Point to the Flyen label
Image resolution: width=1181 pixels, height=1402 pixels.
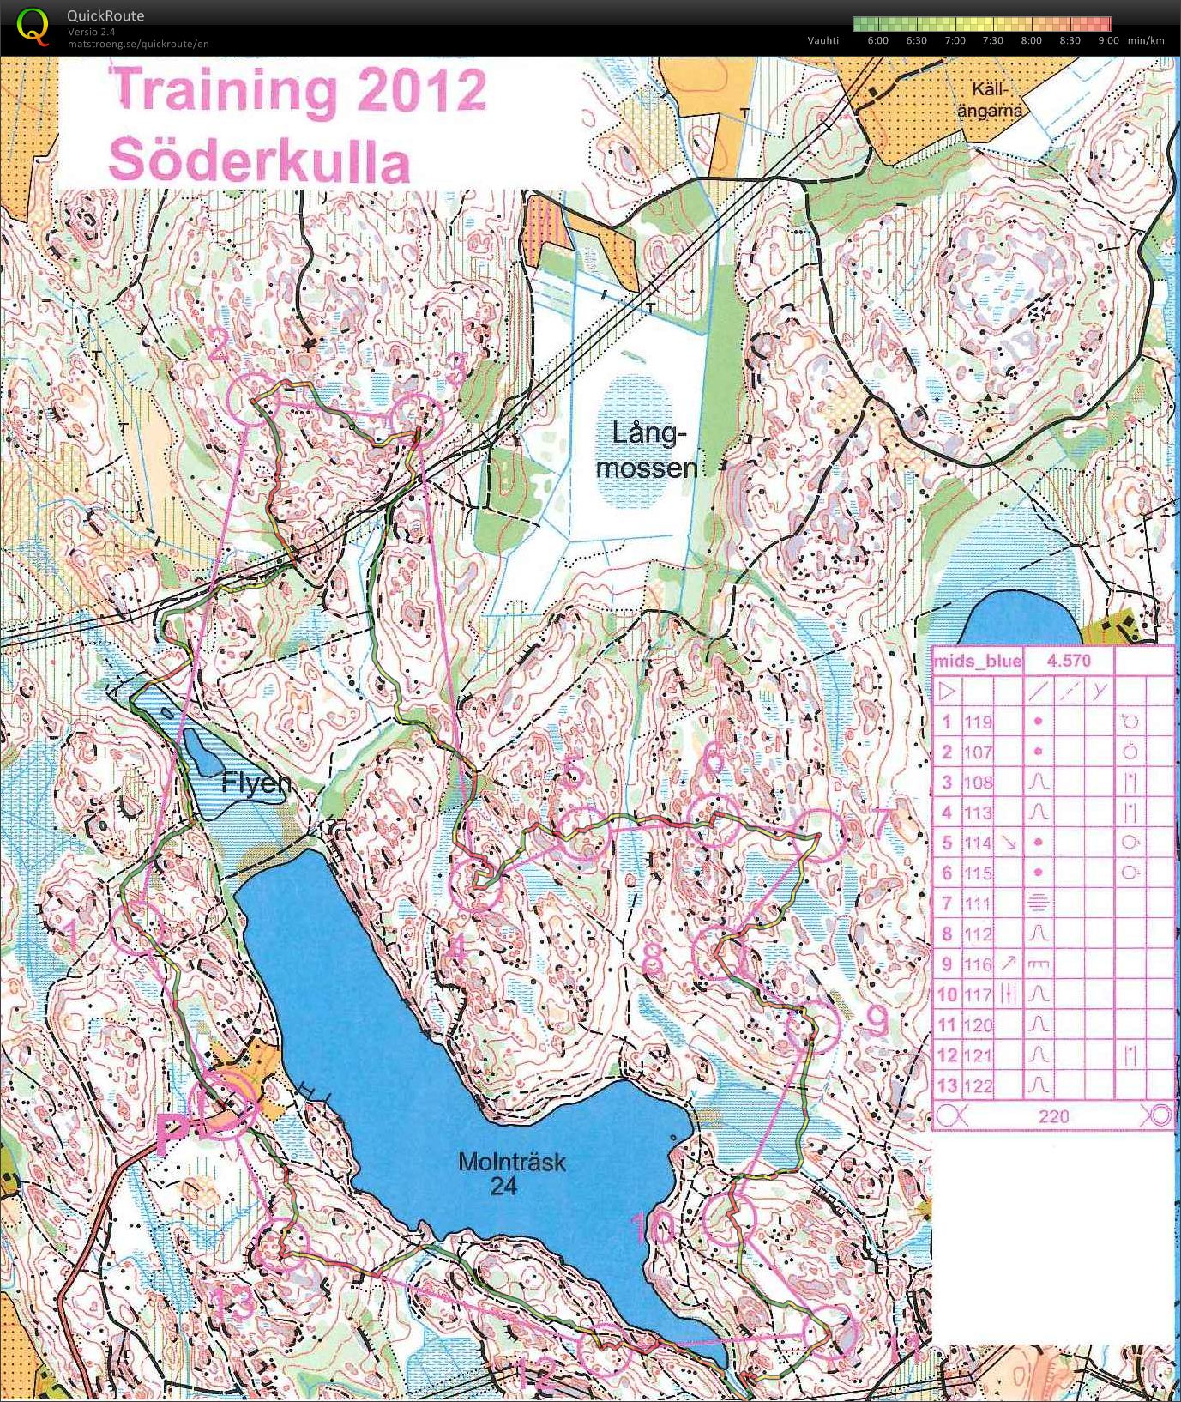[256, 783]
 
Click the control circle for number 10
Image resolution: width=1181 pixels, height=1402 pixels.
[728, 1219]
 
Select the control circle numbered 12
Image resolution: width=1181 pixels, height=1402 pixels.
[604, 1350]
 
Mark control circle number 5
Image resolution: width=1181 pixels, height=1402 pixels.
[584, 833]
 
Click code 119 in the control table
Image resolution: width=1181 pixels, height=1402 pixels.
[978, 722]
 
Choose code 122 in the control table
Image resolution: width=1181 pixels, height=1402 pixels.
[978, 1085]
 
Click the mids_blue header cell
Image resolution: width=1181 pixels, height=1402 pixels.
[977, 661]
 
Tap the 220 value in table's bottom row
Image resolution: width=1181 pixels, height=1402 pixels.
[1053, 1115]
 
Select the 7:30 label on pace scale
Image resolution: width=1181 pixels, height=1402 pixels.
[992, 40]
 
